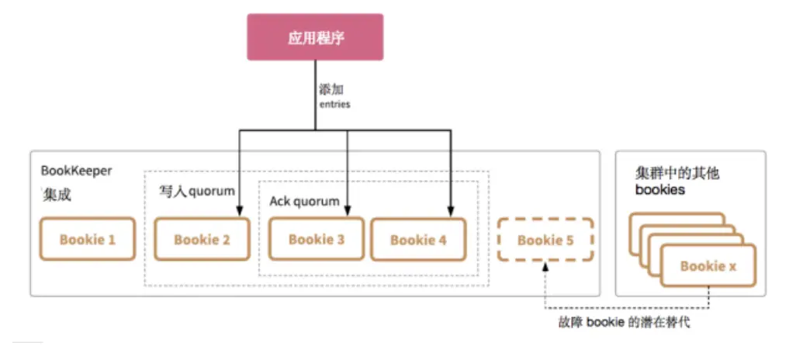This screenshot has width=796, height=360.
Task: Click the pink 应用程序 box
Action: point(315,36)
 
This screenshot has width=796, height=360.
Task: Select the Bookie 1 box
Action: point(87,239)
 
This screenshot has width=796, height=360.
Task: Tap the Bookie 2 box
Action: point(202,239)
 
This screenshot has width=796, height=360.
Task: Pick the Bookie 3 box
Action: point(316,239)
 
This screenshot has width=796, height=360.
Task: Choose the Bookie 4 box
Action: point(418,240)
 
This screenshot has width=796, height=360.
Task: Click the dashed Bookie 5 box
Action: point(545,240)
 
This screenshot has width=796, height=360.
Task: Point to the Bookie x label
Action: point(708,266)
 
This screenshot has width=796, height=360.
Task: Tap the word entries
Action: point(334,104)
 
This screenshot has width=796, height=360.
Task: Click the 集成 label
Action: point(57,196)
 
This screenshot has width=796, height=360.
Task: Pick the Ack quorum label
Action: point(304,202)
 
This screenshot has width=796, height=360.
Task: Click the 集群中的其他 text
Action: point(677,173)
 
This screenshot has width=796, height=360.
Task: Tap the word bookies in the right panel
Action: point(659,189)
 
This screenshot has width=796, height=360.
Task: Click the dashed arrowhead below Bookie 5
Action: point(545,266)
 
